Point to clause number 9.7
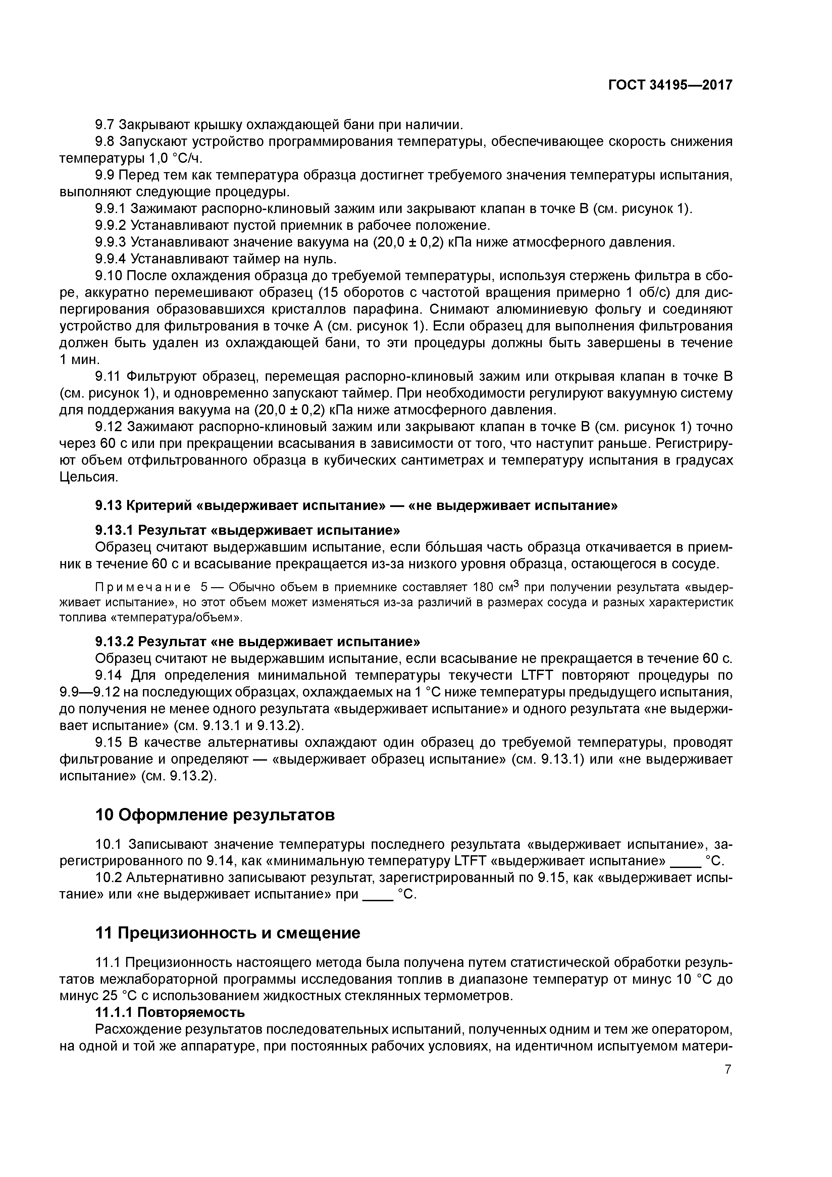106,124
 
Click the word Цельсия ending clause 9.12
89,477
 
